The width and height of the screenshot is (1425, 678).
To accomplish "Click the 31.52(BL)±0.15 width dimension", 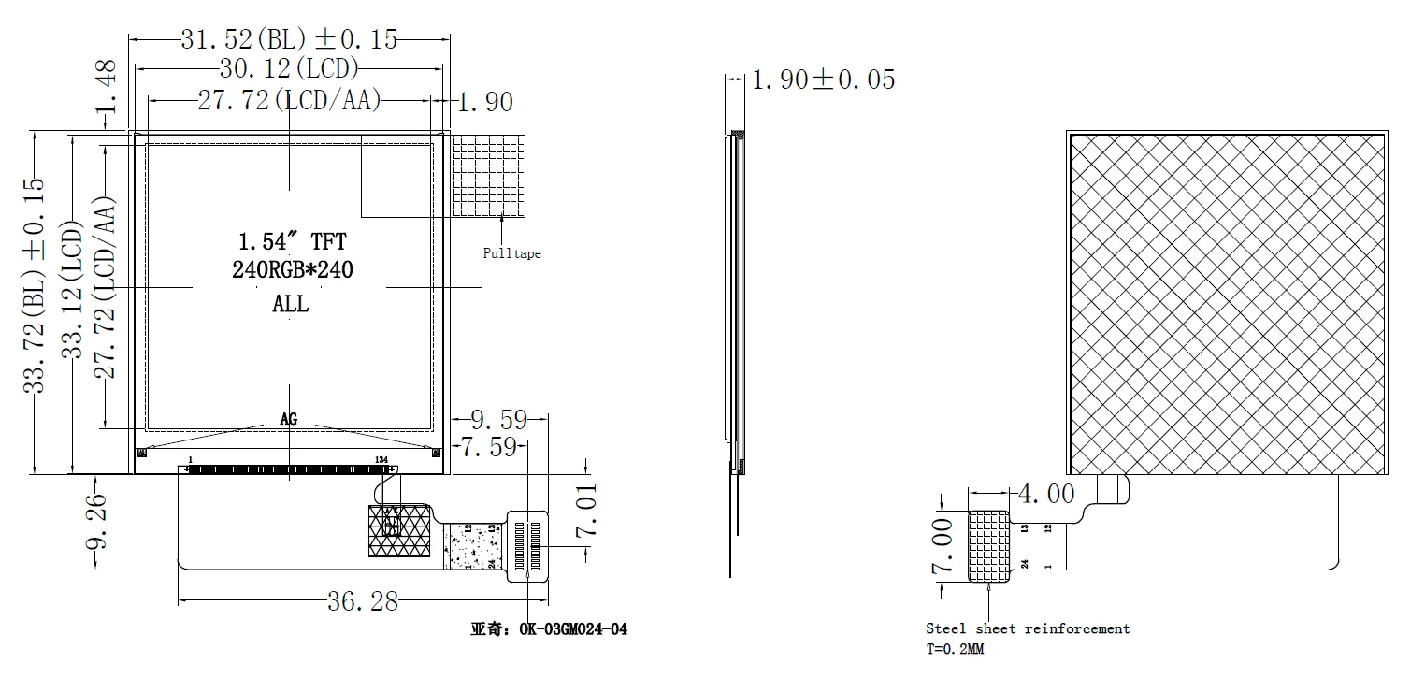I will [x=288, y=39].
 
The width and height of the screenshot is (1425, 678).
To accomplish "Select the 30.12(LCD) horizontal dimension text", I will [x=288, y=68].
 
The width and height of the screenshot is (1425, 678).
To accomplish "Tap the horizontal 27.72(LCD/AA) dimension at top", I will [x=289, y=100].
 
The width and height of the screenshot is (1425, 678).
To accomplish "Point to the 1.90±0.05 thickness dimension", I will [x=823, y=80].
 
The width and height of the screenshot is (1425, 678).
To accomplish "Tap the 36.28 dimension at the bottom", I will [x=363, y=601].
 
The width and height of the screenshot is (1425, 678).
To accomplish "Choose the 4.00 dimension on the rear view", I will [x=1044, y=493].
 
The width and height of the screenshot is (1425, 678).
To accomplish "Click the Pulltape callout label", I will [x=511, y=253].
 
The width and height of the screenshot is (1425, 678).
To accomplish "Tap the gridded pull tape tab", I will [x=489, y=175].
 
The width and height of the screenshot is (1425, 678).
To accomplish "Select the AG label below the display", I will [x=289, y=420].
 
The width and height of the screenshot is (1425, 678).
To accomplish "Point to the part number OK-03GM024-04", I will [x=572, y=629].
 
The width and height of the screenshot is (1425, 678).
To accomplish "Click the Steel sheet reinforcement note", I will [x=1028, y=629].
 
